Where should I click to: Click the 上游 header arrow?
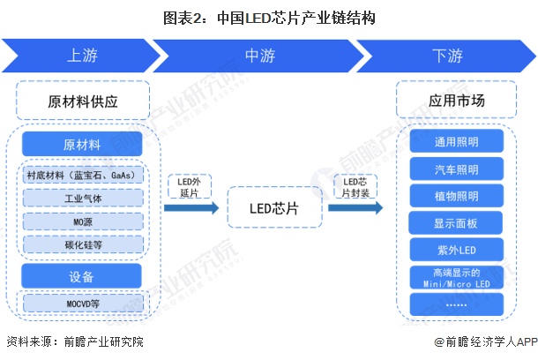[82, 56]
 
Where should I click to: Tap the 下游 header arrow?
[447, 56]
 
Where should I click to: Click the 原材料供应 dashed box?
[83, 101]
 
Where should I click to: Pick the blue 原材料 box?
[82, 144]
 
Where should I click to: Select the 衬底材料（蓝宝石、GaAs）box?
[83, 175]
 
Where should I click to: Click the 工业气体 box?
[83, 198]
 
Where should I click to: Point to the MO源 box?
[83, 221]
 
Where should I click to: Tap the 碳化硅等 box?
[83, 244]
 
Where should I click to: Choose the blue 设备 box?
[81, 276]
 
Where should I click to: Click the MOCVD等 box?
[83, 304]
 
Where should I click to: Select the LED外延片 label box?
[190, 187]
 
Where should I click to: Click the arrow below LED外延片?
[191, 207]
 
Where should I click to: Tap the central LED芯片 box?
[275, 207]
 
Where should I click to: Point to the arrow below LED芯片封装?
[355, 207]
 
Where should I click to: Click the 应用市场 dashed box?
[456, 100]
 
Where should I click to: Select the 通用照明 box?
[456, 141]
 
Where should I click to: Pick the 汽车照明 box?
[456, 169]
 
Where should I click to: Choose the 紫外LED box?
[456, 250]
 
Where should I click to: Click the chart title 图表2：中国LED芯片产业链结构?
[269, 18]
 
